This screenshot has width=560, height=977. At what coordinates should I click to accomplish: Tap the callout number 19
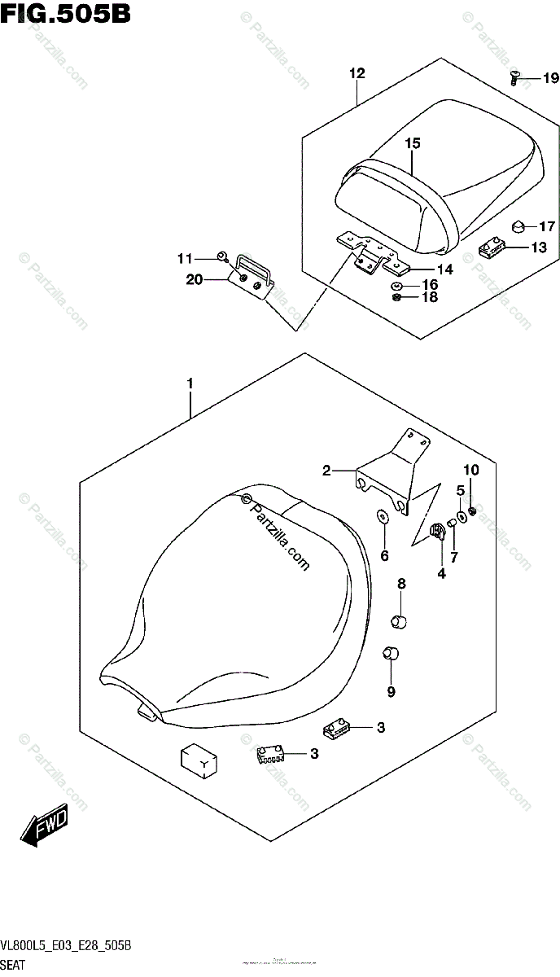(x=550, y=79)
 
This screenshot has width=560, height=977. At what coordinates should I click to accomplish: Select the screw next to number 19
(x=515, y=78)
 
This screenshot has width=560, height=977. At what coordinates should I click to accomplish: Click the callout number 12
(x=357, y=74)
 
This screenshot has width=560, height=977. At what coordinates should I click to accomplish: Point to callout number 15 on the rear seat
(x=413, y=143)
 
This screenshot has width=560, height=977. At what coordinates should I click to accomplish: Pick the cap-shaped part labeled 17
(x=517, y=225)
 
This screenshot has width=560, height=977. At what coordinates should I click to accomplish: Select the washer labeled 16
(x=396, y=287)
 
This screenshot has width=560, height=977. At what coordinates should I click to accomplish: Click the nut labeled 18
(x=396, y=299)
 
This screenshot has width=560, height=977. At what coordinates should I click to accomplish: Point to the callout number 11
(x=185, y=259)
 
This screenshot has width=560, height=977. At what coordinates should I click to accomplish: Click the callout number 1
(x=190, y=383)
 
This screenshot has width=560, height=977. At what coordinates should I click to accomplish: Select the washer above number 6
(x=382, y=517)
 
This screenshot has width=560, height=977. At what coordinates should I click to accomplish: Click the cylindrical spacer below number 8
(x=399, y=623)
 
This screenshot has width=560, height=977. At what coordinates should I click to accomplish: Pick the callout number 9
(x=392, y=692)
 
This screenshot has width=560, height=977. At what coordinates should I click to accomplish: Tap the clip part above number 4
(x=436, y=532)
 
